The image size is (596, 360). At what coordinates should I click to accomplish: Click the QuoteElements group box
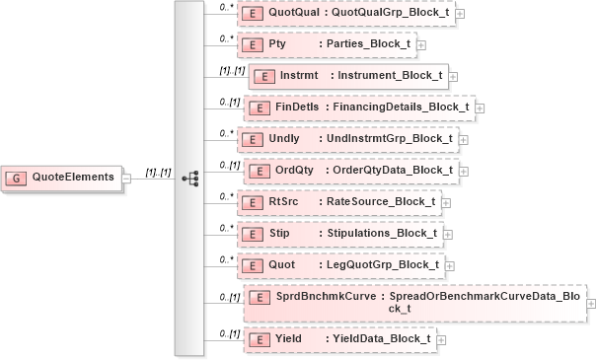(x=63, y=178)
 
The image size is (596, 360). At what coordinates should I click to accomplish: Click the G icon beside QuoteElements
(x=17, y=178)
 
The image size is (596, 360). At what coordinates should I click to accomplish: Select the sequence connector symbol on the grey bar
(x=191, y=179)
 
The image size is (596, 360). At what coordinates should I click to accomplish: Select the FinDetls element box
(x=359, y=107)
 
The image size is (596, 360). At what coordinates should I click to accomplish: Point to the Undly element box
(x=349, y=138)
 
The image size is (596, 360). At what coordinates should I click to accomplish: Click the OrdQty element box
(x=349, y=170)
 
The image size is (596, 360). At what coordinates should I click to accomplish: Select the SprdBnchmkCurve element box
(x=414, y=302)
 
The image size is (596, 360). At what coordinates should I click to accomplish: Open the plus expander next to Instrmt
(x=454, y=76)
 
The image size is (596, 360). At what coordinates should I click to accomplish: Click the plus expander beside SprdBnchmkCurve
(x=591, y=303)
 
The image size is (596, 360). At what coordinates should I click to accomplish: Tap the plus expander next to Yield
(x=441, y=339)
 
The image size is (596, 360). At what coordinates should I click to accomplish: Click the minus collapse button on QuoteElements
(x=126, y=179)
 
